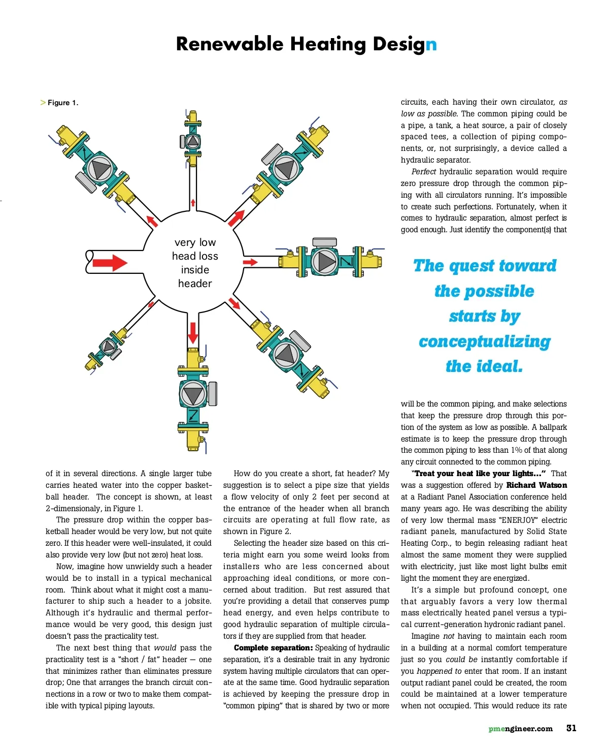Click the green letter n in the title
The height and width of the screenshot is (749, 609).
click(x=431, y=45)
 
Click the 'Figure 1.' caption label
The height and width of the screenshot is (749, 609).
click(x=62, y=103)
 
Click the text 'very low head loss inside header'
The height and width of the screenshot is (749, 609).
click(x=195, y=263)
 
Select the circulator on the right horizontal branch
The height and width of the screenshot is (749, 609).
click(x=325, y=261)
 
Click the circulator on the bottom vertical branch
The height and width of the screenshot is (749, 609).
click(x=193, y=394)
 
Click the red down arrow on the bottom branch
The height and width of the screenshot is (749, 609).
click(x=193, y=332)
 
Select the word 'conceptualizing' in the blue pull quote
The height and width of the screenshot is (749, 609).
click(x=485, y=341)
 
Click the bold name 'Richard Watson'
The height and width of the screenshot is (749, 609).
click(x=536, y=485)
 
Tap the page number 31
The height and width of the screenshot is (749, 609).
click(x=571, y=728)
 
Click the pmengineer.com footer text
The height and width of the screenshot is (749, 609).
click(x=520, y=729)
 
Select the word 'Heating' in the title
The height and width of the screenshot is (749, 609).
click(x=328, y=45)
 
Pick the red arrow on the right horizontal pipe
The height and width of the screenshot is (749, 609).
click(x=250, y=262)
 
